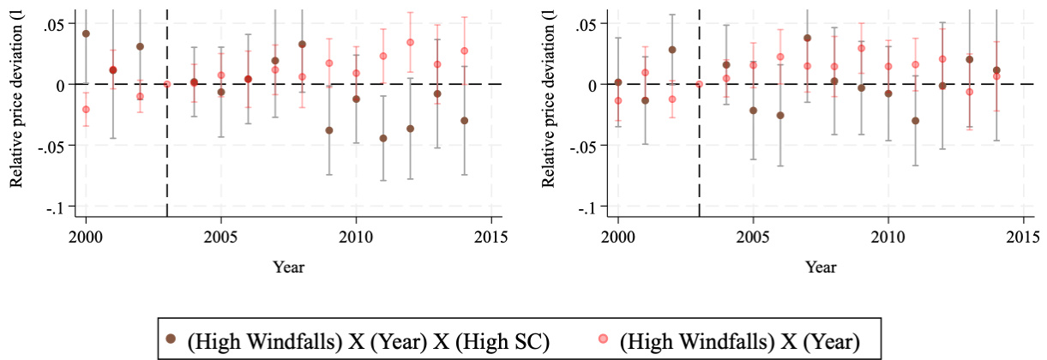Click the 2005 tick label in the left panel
click(220, 236)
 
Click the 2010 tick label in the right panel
click(888, 236)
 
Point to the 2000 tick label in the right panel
click(617, 236)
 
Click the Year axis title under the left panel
click(288, 267)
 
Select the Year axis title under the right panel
click(821, 267)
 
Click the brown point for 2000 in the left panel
click(86, 33)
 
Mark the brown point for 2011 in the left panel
click(383, 138)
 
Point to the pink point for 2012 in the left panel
click(410, 42)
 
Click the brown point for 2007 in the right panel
click(807, 38)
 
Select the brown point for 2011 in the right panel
click(915, 121)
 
